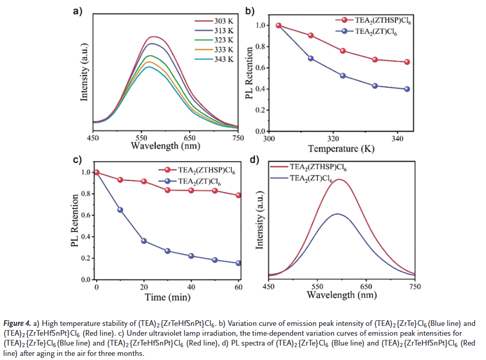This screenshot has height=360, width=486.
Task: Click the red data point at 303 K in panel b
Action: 279,25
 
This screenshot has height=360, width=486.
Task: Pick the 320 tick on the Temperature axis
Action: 333,138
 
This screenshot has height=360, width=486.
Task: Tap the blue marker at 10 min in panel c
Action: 120,210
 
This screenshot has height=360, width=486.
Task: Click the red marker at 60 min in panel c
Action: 238,195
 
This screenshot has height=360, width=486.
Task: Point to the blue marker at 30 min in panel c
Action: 167,251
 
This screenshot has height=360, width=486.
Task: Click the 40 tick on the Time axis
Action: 191,287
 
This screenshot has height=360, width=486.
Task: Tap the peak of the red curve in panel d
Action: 339,179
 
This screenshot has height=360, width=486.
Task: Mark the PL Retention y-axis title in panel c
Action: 75,221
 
